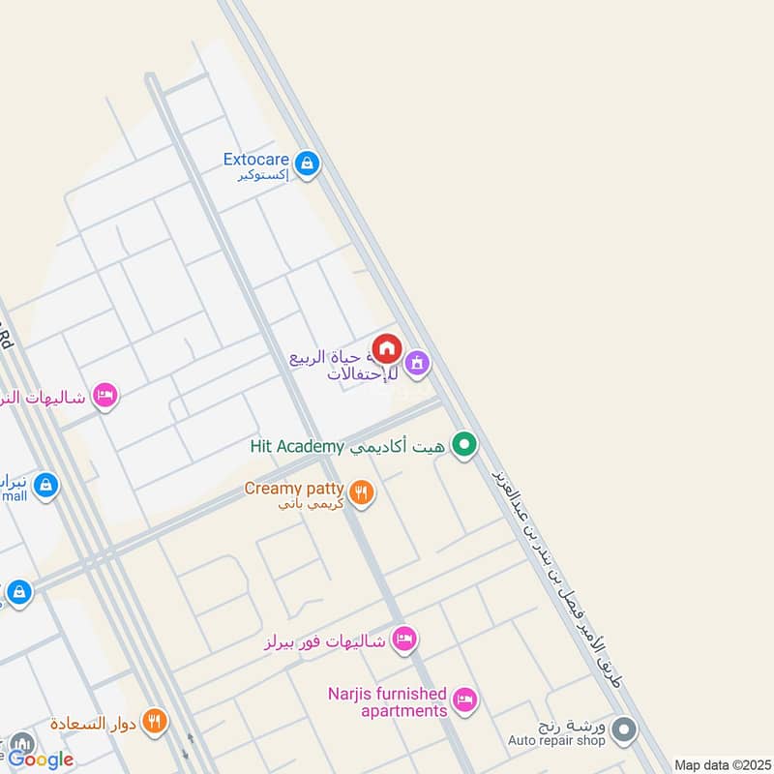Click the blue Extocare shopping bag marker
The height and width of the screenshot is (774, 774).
tap(307, 163)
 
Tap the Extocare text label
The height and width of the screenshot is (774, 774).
tap(255, 160)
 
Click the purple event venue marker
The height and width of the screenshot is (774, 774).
tap(417, 364)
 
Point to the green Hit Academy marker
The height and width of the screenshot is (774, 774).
tap(465, 445)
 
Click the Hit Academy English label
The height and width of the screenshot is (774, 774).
tap(297, 446)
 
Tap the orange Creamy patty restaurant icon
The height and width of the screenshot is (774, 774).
tap(362, 493)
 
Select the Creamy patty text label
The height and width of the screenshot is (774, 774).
tap(294, 489)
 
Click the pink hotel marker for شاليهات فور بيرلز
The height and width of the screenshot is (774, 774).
tap(405, 639)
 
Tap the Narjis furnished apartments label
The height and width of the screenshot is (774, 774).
tap(387, 702)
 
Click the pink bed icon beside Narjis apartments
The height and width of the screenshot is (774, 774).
tap(465, 700)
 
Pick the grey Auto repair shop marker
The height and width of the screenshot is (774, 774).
tap(624, 729)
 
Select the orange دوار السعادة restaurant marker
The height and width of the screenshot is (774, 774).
tap(154, 721)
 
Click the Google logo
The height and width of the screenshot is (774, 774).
tap(41, 759)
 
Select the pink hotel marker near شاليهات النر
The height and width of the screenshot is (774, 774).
tap(105, 396)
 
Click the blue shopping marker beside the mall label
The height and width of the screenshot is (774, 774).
tap(45, 486)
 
